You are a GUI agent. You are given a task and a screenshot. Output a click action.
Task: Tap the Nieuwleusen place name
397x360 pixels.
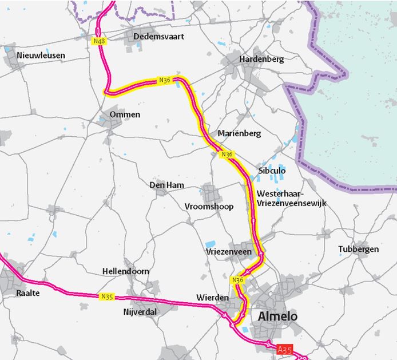tap(41, 56)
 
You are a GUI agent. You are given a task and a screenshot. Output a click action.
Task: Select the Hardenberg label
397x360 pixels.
tap(261, 59)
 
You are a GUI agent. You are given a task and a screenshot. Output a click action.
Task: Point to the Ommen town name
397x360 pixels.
tap(125, 114)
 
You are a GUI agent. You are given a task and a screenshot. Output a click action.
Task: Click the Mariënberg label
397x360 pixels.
tap(239, 133)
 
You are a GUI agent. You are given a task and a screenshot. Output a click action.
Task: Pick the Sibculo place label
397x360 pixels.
tap(272, 171)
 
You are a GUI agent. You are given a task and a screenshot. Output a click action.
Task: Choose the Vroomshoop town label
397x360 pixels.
tap(209, 207)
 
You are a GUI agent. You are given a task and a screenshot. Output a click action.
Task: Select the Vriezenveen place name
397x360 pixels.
tap(228, 251)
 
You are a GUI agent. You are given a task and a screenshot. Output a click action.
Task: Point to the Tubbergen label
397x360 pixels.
tap(358, 250)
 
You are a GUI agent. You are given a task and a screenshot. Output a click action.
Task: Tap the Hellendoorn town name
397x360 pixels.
tap(125, 271)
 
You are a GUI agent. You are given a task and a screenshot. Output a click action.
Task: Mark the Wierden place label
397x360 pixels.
tap(212, 298)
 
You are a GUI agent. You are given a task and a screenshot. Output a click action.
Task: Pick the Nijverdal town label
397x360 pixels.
tap(140, 312)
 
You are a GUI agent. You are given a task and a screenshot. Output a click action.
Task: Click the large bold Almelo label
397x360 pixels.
tap(278, 317)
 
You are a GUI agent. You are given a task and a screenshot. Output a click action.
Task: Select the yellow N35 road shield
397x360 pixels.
tap(107, 296)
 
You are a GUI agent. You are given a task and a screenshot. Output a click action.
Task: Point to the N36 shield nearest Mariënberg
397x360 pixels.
tap(227, 154)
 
